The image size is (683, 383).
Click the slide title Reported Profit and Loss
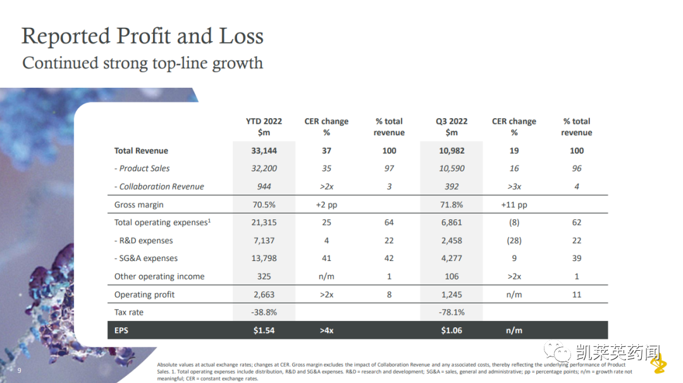pyautogui.click(x=142, y=36)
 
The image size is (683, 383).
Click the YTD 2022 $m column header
pyautogui.click(x=264, y=126)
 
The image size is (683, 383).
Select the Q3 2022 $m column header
pyautogui.click(x=451, y=126)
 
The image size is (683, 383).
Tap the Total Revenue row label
pyautogui.click(x=141, y=150)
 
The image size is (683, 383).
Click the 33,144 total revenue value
pyautogui.click(x=264, y=150)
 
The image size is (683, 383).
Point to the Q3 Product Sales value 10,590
pyautogui.click(x=451, y=168)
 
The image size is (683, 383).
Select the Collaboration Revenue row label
pyautogui.click(x=159, y=186)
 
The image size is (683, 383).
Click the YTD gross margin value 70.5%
pyautogui.click(x=264, y=205)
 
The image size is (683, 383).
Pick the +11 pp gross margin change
pyautogui.click(x=514, y=205)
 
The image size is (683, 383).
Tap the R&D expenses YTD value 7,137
pyautogui.click(x=264, y=241)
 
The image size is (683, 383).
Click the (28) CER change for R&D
pyautogui.click(x=514, y=241)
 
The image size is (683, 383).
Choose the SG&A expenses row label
pyautogui.click(x=146, y=258)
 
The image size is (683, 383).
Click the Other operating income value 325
pyautogui.click(x=264, y=276)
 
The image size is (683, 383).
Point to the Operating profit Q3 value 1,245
pyautogui.click(x=451, y=295)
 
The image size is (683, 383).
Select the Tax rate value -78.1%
pyautogui.click(x=451, y=312)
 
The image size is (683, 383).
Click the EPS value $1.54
pyautogui.click(x=264, y=330)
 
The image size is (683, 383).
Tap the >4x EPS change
pyautogui.click(x=326, y=330)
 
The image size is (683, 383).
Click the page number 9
pyautogui.click(x=19, y=370)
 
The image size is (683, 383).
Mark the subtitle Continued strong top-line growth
pyautogui.click(x=142, y=63)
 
